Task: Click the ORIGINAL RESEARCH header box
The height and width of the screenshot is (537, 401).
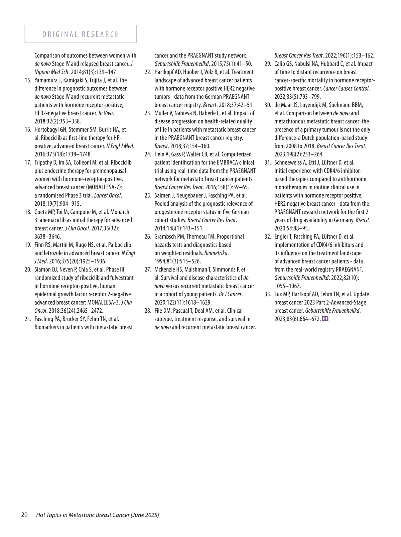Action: (81, 34)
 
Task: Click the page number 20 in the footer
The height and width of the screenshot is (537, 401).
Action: (24, 515)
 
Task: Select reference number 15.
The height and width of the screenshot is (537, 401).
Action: (29, 80)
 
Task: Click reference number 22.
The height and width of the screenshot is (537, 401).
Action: (148, 72)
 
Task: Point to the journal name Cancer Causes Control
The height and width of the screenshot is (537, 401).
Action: (346, 89)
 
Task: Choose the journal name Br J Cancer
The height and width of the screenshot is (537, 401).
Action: (230, 295)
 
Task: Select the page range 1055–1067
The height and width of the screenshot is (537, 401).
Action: (287, 286)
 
